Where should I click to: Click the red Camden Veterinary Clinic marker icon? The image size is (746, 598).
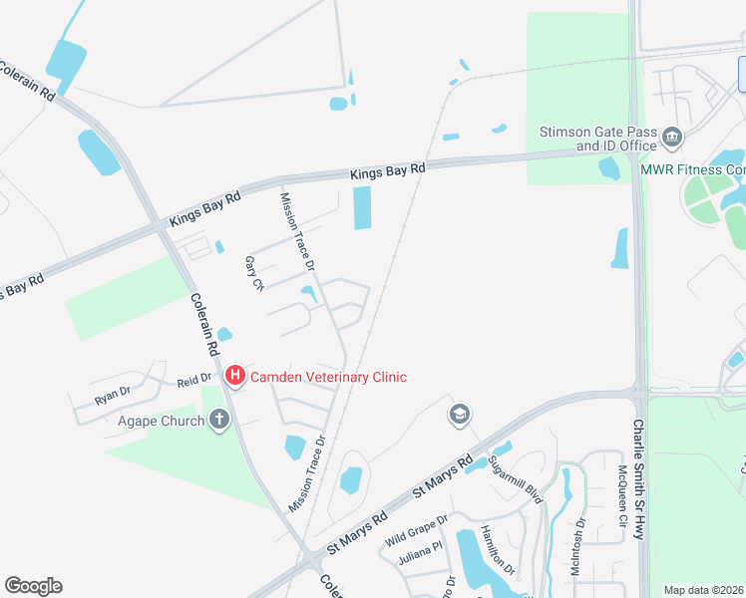pos(235,376)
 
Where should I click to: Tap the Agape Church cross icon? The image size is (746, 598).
pos(219,420)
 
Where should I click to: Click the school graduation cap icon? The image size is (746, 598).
pos(460,415)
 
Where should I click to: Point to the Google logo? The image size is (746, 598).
pos(33,586)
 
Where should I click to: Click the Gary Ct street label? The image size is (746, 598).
pos(254,273)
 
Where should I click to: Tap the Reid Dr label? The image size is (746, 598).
pos(195,379)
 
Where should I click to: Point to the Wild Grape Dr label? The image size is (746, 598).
pos(417,525)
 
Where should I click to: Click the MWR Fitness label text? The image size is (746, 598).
pos(692,169)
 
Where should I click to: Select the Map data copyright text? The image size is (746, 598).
pos(704,590)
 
